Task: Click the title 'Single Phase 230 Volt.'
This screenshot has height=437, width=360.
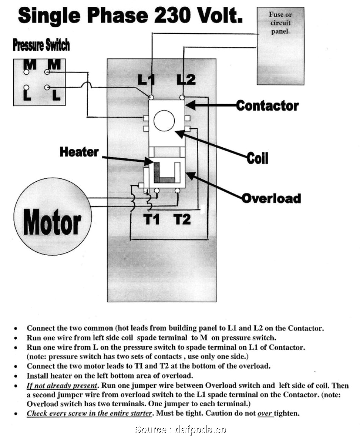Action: coord(130,16)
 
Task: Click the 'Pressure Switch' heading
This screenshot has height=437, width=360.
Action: coord(41,45)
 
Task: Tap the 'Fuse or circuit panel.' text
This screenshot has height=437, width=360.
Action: coord(280,23)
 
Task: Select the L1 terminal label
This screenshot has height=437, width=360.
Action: coord(146,80)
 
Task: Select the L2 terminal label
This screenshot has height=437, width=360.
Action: coord(186,80)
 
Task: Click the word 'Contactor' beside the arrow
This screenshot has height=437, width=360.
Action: coord(268,106)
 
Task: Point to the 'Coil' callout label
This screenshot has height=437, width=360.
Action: coord(257,158)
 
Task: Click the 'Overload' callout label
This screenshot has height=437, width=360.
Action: coord(271,198)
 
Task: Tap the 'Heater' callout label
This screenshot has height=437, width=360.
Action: coord(79,152)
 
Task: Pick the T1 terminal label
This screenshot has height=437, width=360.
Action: coord(152,219)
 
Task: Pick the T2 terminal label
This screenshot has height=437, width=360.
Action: coord(182,219)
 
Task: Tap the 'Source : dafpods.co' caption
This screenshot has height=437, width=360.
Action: coord(180,429)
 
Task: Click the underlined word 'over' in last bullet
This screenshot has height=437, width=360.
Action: coord(265,413)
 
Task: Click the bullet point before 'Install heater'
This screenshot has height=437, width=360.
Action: coord(16,376)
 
